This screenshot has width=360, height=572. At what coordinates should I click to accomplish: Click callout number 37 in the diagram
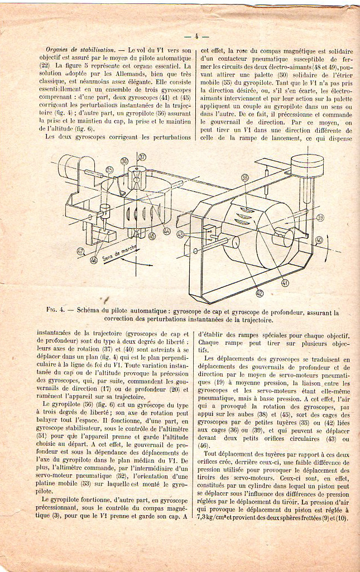(x=142, y=157)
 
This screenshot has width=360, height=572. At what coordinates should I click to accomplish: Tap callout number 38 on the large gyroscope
(x=244, y=177)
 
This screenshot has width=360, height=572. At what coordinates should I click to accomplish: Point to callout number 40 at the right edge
(x=319, y=241)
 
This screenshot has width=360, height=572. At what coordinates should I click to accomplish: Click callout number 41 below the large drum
(x=285, y=283)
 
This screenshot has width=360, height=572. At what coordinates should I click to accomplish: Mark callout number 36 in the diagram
(x=124, y=161)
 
